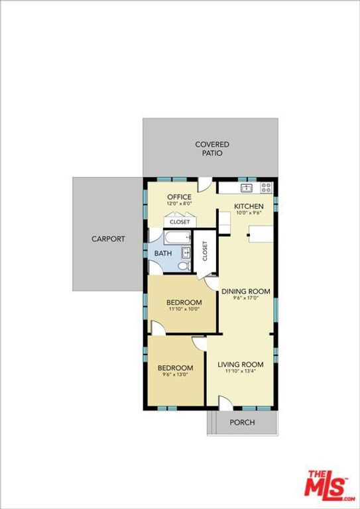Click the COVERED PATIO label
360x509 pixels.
[x=211, y=148]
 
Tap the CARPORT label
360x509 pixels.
[x=108, y=239]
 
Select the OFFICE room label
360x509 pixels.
[x=179, y=197]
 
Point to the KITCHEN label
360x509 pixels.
[x=249, y=206]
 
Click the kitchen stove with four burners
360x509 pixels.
[x=266, y=187]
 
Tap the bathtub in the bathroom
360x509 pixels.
[x=177, y=238]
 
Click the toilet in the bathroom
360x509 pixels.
[x=186, y=266]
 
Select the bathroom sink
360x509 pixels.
[x=188, y=252]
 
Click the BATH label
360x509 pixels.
[x=162, y=253]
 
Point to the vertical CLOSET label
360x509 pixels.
[x=205, y=253]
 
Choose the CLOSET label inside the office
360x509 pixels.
[x=180, y=222]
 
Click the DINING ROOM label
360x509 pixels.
[x=245, y=291]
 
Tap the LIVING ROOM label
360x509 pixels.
[x=241, y=365]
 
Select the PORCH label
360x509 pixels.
[x=242, y=423]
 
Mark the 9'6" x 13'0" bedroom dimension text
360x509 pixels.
[x=175, y=376]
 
